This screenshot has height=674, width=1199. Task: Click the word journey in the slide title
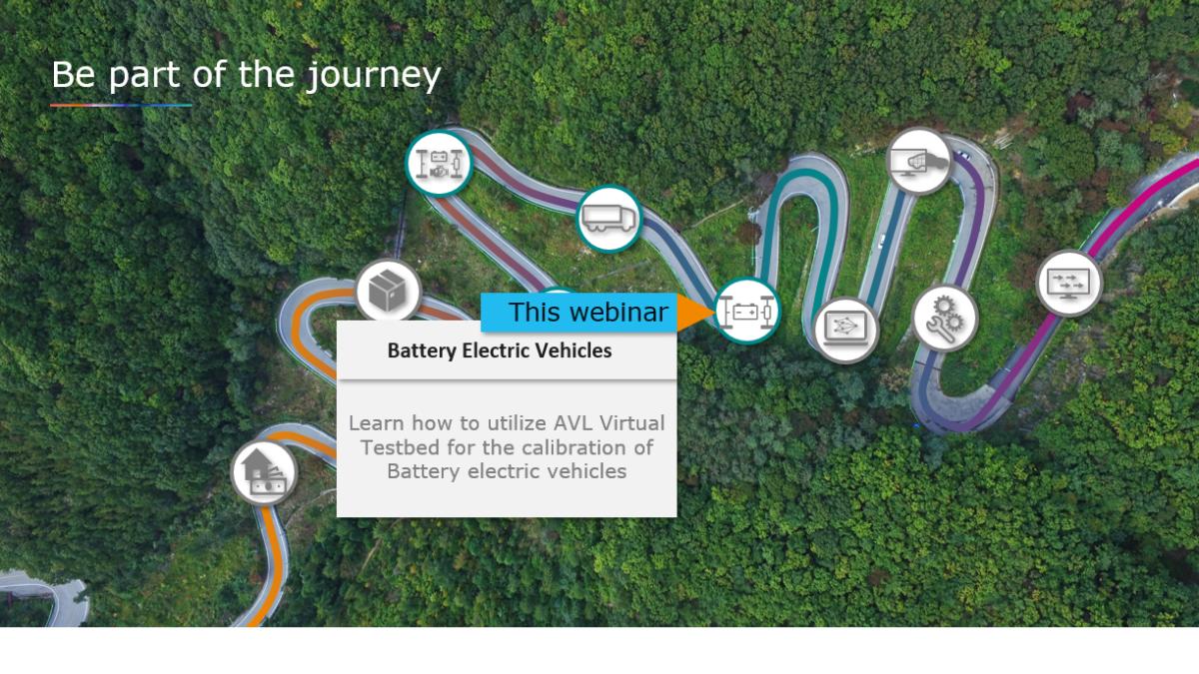(x=374, y=76)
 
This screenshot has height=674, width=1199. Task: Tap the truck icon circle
(x=609, y=219)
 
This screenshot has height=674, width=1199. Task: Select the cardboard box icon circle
(x=389, y=292)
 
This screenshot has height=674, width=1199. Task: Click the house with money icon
(x=264, y=473)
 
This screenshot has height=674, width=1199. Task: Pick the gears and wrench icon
(x=945, y=319)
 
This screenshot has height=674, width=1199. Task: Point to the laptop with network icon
(x=845, y=330)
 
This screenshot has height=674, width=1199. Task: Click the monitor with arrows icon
(x=1069, y=284)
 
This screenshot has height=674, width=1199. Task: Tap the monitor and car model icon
(x=919, y=161)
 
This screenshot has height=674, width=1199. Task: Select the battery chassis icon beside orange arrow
(x=747, y=311)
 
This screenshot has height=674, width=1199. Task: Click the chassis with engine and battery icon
(x=439, y=163)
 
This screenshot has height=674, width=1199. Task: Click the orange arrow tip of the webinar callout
(x=715, y=312)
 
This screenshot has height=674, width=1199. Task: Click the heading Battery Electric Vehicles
(x=500, y=350)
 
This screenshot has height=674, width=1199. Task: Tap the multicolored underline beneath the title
(x=121, y=106)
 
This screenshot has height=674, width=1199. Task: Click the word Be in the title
(x=74, y=75)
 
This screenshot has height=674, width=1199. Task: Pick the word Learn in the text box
(x=377, y=423)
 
